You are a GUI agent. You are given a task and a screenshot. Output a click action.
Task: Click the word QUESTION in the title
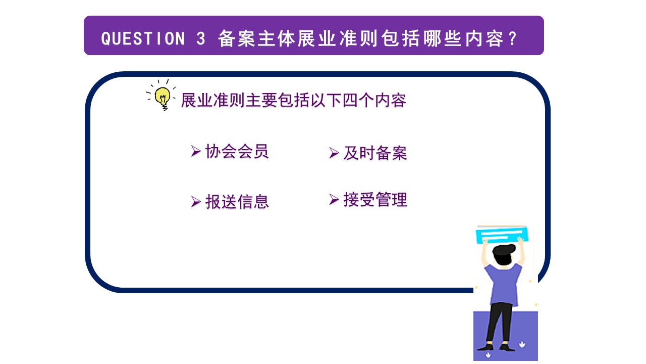[143, 39]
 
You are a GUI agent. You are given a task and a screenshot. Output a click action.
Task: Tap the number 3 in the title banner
[200, 39]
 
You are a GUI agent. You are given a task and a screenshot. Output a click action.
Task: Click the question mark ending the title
[513, 39]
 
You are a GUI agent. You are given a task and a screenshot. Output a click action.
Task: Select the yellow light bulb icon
[163, 96]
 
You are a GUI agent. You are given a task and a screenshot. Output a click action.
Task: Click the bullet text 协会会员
[237, 151]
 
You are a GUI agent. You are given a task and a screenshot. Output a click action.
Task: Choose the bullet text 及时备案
[375, 153]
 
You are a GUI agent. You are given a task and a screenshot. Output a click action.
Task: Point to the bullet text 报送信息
[237, 202]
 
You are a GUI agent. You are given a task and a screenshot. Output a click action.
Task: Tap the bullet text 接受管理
[375, 200]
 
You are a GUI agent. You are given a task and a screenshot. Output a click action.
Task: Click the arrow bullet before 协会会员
[196, 151]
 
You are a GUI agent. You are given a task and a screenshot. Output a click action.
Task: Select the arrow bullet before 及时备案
[334, 153]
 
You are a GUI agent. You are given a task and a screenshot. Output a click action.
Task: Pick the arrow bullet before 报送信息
[196, 202]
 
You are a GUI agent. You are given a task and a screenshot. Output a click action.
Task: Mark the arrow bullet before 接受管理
[334, 199]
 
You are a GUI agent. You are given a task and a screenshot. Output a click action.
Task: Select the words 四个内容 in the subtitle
[374, 100]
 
